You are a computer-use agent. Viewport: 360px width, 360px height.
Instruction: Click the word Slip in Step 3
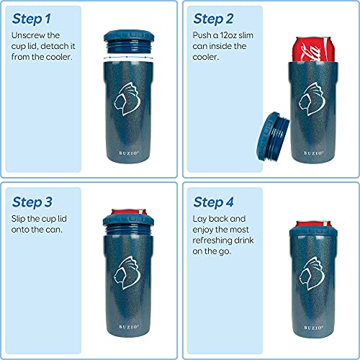click(22, 217)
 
